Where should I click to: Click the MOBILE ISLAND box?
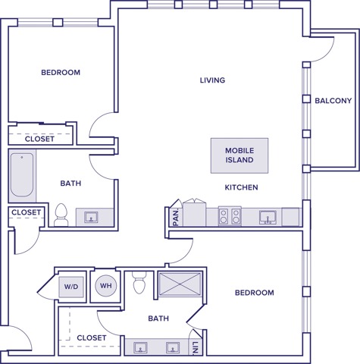239,155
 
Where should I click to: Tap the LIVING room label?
212,80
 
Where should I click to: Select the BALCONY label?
333,100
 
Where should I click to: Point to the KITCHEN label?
241,187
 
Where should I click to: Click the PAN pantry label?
175,217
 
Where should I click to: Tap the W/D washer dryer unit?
71,287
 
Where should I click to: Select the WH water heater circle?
105,287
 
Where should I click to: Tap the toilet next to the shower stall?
138,284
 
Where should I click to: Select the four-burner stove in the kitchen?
230,216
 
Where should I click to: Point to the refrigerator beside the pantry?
195,212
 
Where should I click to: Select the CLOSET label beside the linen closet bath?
91,337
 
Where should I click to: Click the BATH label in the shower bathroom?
158,319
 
